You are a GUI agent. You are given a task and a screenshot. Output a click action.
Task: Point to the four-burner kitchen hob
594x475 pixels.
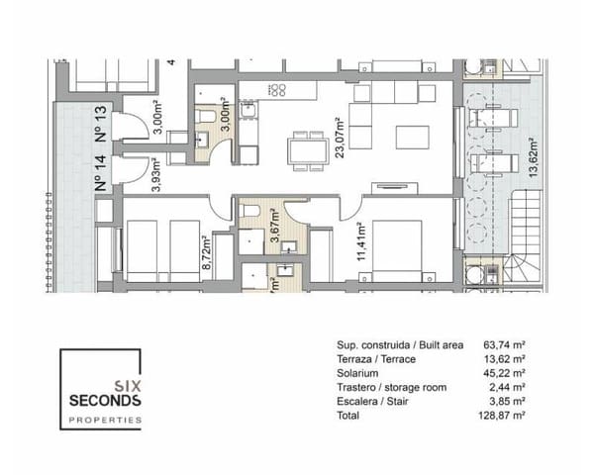[x=278, y=91]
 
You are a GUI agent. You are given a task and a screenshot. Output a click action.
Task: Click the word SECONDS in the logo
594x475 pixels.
[x=104, y=401]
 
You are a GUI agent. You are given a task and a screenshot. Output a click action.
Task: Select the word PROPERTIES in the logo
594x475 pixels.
[x=104, y=421]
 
